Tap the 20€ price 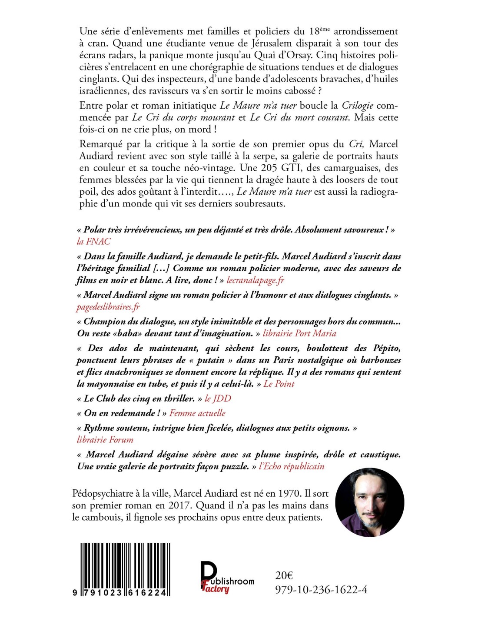pyautogui.click(x=284, y=575)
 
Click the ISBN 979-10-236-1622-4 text pyautogui.click(x=321, y=590)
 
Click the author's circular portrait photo pyautogui.click(x=370, y=503)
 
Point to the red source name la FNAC pyautogui.click(x=93, y=242)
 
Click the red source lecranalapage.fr pyautogui.click(x=255, y=280)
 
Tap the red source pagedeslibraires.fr pyautogui.click(x=108, y=307)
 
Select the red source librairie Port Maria pyautogui.click(x=299, y=333)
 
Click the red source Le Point pyautogui.click(x=279, y=384)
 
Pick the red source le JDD pyautogui.click(x=218, y=399)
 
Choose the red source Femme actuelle pyautogui.click(x=197, y=413)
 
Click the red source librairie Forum pyautogui.click(x=105, y=440)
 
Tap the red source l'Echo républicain pyautogui.click(x=292, y=466)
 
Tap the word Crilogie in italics pyautogui.click(x=358, y=106)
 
